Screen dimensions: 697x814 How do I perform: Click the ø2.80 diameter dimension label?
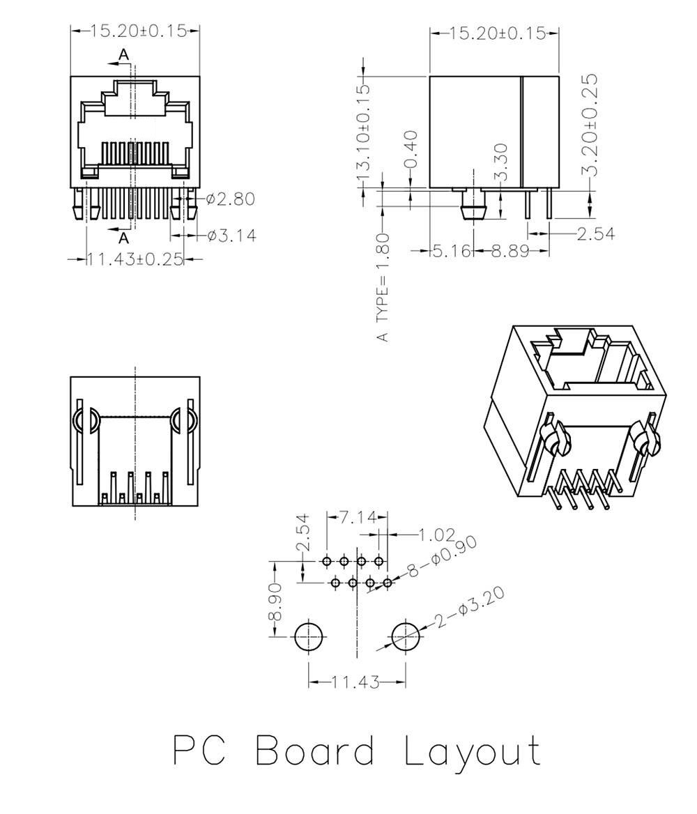pyautogui.click(x=230, y=199)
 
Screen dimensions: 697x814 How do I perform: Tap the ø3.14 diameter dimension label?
pyautogui.click(x=231, y=236)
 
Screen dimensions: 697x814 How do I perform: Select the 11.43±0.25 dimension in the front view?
pyautogui.click(x=136, y=259)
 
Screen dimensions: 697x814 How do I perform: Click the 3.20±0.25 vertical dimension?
pyautogui.click(x=590, y=125)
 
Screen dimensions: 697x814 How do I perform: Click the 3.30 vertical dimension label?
pyautogui.click(x=500, y=162)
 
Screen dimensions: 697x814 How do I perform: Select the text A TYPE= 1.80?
pyautogui.click(x=383, y=287)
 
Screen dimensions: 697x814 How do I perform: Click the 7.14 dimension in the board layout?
pyautogui.click(x=358, y=517)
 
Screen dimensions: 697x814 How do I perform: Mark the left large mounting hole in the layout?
pyautogui.click(x=309, y=636)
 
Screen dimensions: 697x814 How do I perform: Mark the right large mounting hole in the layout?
pyautogui.click(x=406, y=636)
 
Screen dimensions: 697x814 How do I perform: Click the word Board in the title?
pyautogui.click(x=315, y=750)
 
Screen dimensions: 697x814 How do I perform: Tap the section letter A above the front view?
pyautogui.click(x=123, y=54)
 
